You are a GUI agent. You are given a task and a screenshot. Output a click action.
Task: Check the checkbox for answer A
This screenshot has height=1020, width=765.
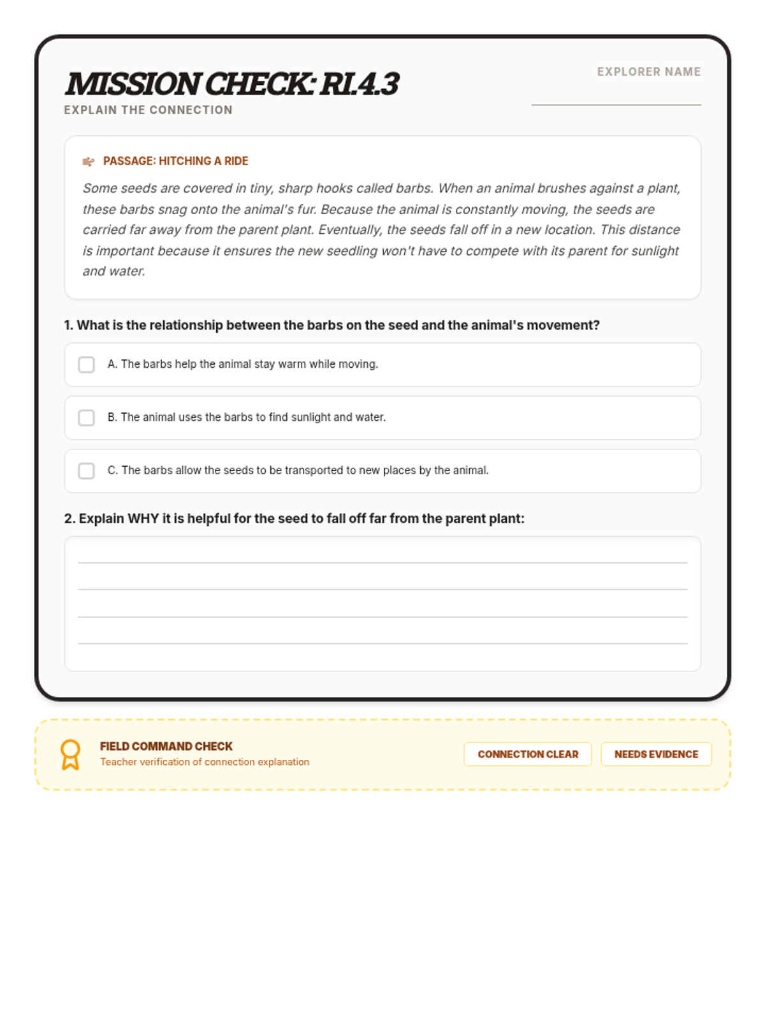[x=86, y=365]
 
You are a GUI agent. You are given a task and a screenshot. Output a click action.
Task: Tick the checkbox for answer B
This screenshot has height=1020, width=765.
[x=86, y=418]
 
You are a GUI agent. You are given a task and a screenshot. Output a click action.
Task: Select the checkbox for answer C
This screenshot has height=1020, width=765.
[x=86, y=470]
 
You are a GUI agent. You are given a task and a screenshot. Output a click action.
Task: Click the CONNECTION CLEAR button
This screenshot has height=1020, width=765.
[x=528, y=754]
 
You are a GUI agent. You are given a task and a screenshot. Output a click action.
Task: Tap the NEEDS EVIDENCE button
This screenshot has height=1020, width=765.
[x=656, y=754]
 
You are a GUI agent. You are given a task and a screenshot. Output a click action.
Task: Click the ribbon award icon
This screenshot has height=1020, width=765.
[x=70, y=755]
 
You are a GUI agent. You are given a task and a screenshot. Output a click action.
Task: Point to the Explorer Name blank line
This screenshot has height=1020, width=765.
[x=616, y=103]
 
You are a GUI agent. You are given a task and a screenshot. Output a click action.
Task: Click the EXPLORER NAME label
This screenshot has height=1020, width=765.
[x=648, y=72]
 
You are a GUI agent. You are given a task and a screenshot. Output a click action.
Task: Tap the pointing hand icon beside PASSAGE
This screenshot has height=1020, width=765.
[x=89, y=161]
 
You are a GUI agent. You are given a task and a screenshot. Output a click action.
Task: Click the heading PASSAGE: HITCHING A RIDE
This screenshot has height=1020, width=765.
[x=175, y=161]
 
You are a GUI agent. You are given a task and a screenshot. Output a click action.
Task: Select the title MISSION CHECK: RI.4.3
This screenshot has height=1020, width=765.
[x=232, y=84]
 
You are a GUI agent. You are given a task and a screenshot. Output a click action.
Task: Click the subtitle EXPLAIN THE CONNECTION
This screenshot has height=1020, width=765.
[x=148, y=110]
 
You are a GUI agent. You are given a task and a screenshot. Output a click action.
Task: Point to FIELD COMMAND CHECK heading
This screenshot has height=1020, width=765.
[x=166, y=746]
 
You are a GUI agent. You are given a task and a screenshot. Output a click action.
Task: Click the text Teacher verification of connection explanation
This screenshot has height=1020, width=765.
[x=204, y=762]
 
